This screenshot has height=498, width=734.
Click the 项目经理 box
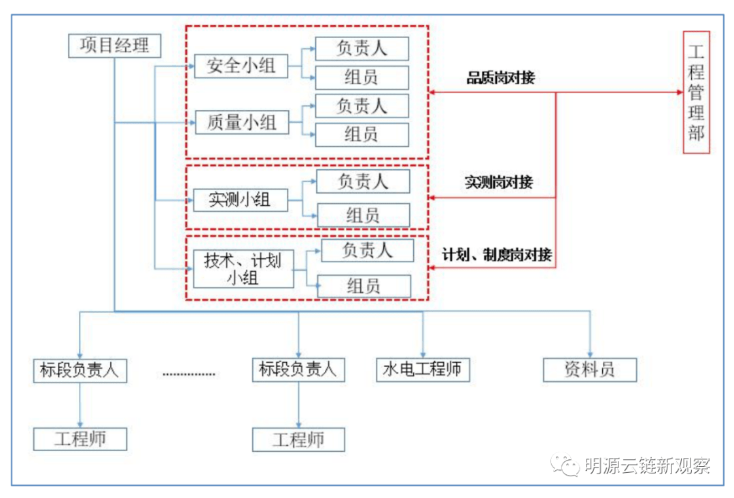(x=115, y=46)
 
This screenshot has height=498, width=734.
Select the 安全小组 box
(x=241, y=67)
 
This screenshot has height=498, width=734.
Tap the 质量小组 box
(x=241, y=122)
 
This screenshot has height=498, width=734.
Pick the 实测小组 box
(x=240, y=200)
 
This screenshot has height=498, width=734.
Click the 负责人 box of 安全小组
(x=362, y=48)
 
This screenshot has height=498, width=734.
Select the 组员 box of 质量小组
(x=362, y=135)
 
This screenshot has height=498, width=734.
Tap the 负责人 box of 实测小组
(x=364, y=181)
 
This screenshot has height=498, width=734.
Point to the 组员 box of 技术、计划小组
(x=364, y=286)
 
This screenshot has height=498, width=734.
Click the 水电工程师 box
(x=423, y=370)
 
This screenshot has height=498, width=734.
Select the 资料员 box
(x=589, y=370)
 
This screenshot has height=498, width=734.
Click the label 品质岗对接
(x=500, y=77)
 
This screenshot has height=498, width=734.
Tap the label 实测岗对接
(x=499, y=182)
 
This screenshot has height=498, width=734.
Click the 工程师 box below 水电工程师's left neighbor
(x=298, y=440)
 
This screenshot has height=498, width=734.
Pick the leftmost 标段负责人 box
(x=80, y=370)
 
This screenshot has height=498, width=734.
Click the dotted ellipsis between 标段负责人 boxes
(x=189, y=373)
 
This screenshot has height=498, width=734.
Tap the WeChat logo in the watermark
(x=565, y=465)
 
